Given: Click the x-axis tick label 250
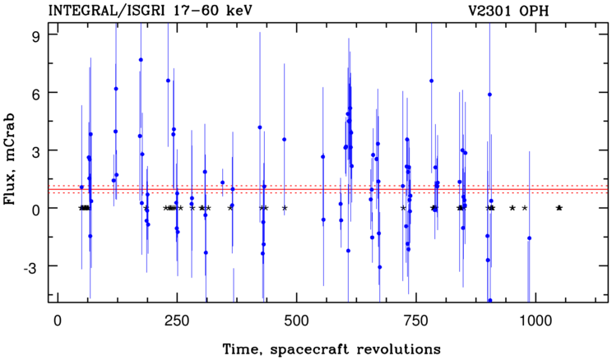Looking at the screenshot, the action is click(177, 321).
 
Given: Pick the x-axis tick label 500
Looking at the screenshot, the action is click(297, 321).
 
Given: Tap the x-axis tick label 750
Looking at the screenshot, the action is click(416, 321).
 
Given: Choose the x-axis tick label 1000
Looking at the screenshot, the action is click(535, 321).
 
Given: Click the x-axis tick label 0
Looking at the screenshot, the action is click(58, 321).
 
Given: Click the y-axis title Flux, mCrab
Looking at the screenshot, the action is click(9, 159).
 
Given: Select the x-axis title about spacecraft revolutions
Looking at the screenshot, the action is click(331, 348).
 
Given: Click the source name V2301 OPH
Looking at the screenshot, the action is click(508, 11).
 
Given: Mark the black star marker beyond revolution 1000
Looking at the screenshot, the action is click(559, 208).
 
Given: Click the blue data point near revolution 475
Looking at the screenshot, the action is click(284, 139).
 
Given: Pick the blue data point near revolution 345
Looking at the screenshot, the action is click(222, 182).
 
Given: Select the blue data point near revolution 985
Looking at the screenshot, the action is click(529, 238).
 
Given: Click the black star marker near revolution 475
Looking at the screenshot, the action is click(285, 208).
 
